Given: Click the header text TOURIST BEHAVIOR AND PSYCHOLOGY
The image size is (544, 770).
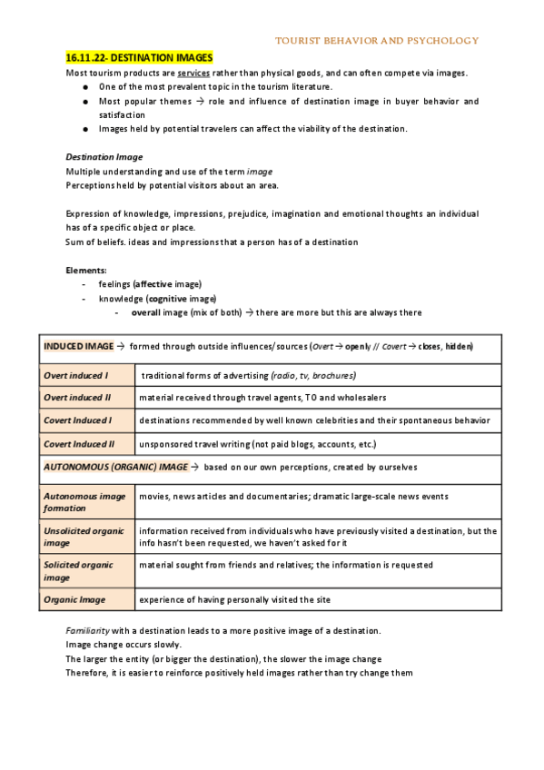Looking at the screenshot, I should pos(376,41).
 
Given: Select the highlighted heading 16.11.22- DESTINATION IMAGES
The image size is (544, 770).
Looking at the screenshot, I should pos(139,57).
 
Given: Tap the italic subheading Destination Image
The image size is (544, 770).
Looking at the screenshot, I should pos(104,157).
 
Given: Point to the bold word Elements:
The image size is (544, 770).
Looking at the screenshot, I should pos(86,270).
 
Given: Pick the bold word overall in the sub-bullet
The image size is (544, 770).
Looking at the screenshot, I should pos(146,313).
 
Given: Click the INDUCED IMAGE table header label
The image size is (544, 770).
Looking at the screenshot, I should pos(77,347).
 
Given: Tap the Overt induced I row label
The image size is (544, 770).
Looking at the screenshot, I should pos(76,374).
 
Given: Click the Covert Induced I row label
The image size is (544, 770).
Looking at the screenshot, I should pos(78,420).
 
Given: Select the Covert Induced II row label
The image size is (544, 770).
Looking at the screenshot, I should pos(80,444).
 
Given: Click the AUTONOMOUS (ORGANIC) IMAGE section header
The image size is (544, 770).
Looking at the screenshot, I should pos(116,467).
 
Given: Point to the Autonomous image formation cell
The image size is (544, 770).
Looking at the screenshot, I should pos(84,502).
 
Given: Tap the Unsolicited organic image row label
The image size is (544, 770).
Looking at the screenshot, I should pos(84,537).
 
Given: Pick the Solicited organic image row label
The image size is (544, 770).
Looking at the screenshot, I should pos(79,570).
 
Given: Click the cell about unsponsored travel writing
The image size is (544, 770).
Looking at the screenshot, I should pos(255,444).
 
